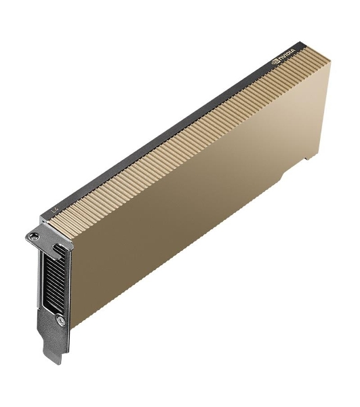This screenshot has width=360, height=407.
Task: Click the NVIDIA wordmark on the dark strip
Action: click(287, 56)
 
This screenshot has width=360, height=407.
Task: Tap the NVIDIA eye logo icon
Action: click(275, 62)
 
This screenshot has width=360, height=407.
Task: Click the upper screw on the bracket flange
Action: click(33, 236)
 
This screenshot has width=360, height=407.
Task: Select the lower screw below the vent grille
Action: click(61, 319)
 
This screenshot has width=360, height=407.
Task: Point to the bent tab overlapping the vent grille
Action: click(58, 251)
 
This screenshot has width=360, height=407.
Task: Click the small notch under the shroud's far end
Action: click(308, 157)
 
